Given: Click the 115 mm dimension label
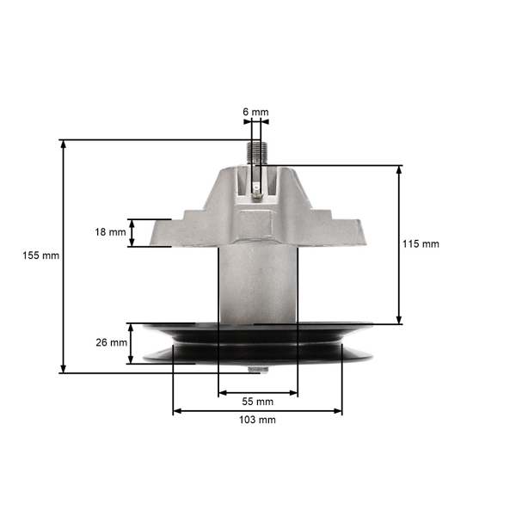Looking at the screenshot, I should click(421, 244).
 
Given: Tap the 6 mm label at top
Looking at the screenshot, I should click(255, 112).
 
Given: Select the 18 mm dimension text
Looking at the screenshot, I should click(111, 232).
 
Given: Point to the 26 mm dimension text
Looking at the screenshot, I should click(111, 342).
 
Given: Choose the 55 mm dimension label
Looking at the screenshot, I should click(257, 402).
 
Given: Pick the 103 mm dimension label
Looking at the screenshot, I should click(257, 420).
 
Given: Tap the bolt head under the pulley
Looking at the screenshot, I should click(257, 371).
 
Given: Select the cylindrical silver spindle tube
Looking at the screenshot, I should click(257, 284).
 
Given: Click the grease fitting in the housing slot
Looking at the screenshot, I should click(258, 193).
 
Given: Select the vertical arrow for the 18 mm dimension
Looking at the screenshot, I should click(132, 233).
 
